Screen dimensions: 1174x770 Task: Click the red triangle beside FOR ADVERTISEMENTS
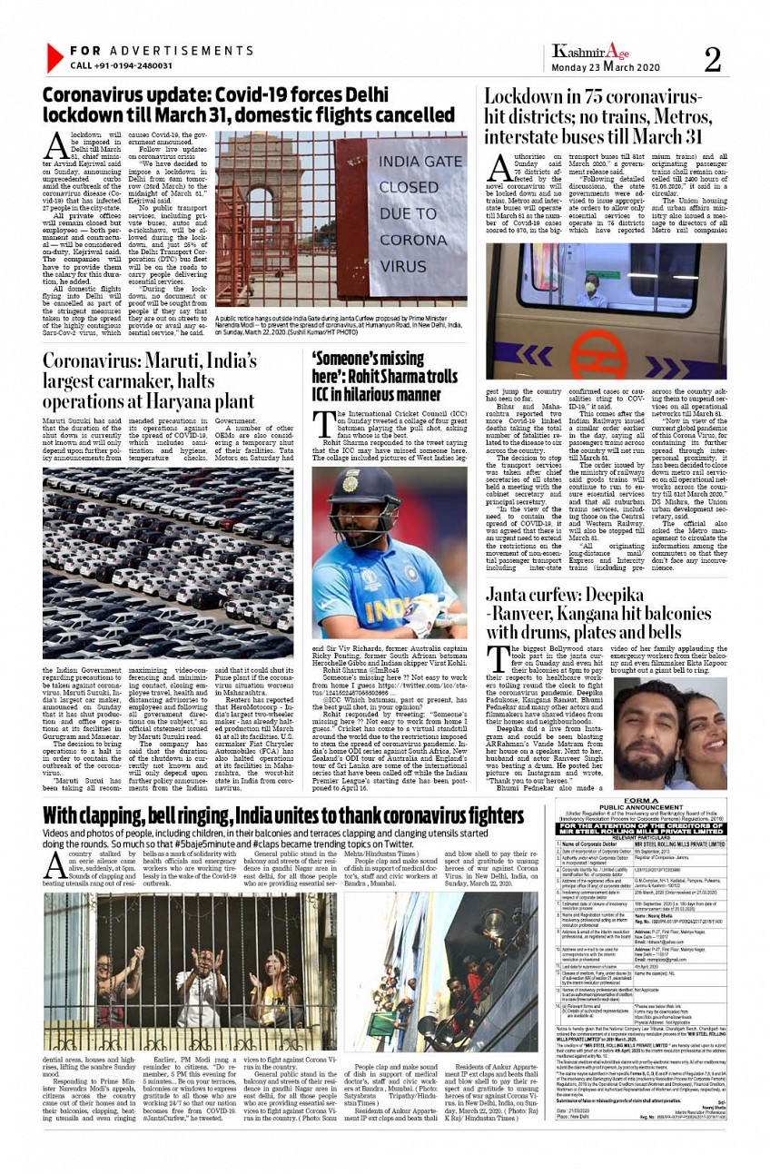(54, 57)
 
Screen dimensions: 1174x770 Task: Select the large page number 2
(712, 59)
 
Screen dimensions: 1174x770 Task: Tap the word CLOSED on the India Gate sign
(408, 188)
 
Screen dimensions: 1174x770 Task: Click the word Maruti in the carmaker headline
(176, 360)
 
